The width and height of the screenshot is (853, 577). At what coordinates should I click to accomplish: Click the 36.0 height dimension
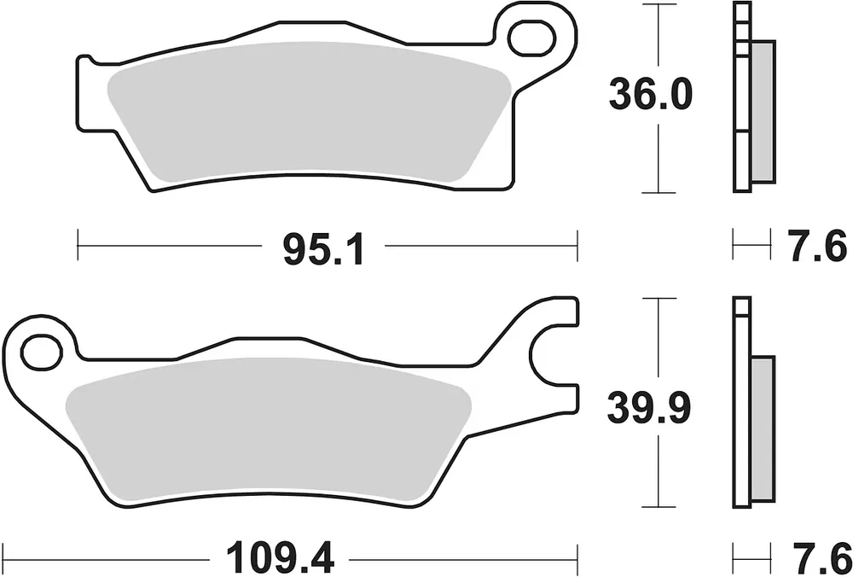[650, 95]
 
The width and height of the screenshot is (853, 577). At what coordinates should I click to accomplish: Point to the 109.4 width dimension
[280, 558]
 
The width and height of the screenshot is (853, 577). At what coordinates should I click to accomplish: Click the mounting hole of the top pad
[532, 38]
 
